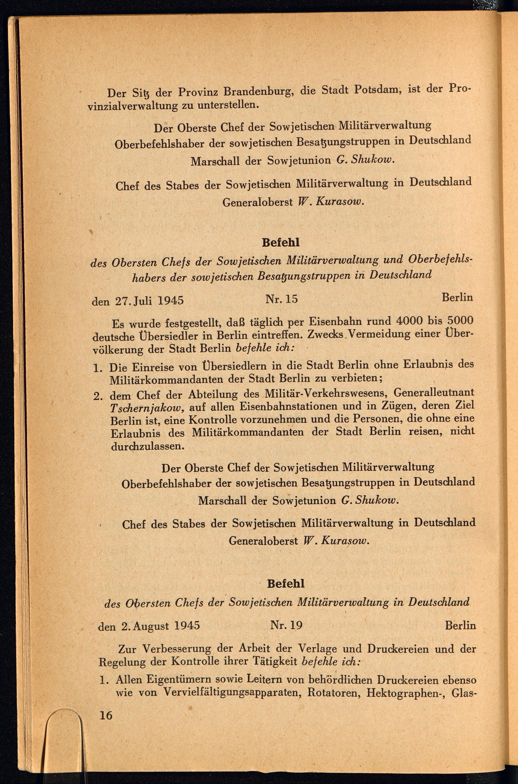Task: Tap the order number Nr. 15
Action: (282, 299)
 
